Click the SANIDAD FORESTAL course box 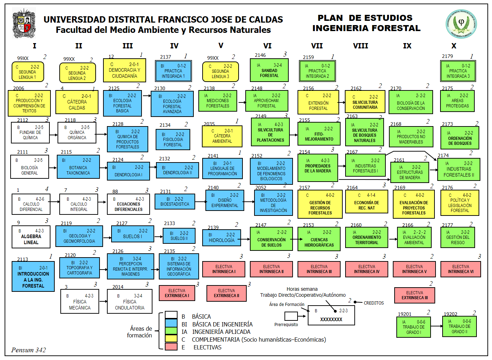pos(269,70)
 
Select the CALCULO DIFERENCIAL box pos(31,204)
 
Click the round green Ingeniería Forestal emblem pos(461,24)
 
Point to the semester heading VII pos(317,46)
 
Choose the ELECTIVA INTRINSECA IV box pos(367,269)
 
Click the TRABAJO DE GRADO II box pos(459,326)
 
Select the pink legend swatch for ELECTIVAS pos(171,347)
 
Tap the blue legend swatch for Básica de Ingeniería pos(171,323)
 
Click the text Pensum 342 pos(29,350)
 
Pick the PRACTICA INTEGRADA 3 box pos(458,71)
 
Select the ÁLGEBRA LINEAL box pos(31,236)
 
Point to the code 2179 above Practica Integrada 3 pos(447,56)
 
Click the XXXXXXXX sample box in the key pos(331,315)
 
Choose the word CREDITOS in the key pos(373,303)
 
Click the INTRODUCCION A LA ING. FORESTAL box pos(33,276)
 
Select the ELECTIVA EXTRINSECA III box pos(414,295)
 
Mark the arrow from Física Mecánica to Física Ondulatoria pos(103,301)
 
